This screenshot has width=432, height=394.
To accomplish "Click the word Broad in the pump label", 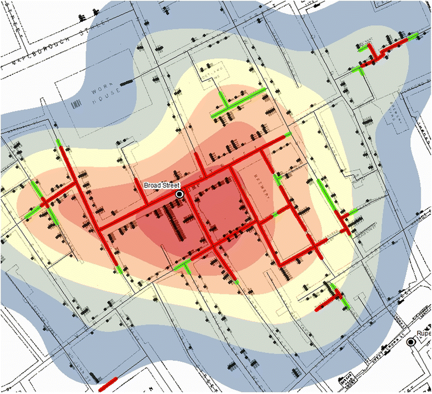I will (150, 185).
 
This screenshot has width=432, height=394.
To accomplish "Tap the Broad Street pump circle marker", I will (179, 194).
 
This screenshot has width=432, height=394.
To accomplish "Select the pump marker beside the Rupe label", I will (411, 343).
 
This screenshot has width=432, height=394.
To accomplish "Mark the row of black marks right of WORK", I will (127, 82).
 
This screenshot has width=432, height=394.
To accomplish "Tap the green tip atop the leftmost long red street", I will (59, 144).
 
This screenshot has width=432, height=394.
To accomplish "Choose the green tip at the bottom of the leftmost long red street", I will (119, 270).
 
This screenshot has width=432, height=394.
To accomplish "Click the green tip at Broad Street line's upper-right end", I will (288, 135).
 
